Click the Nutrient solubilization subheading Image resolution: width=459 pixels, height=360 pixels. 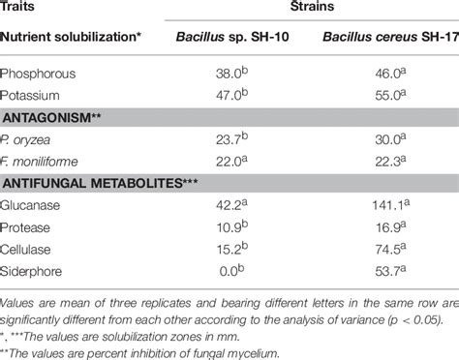[72, 40]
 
